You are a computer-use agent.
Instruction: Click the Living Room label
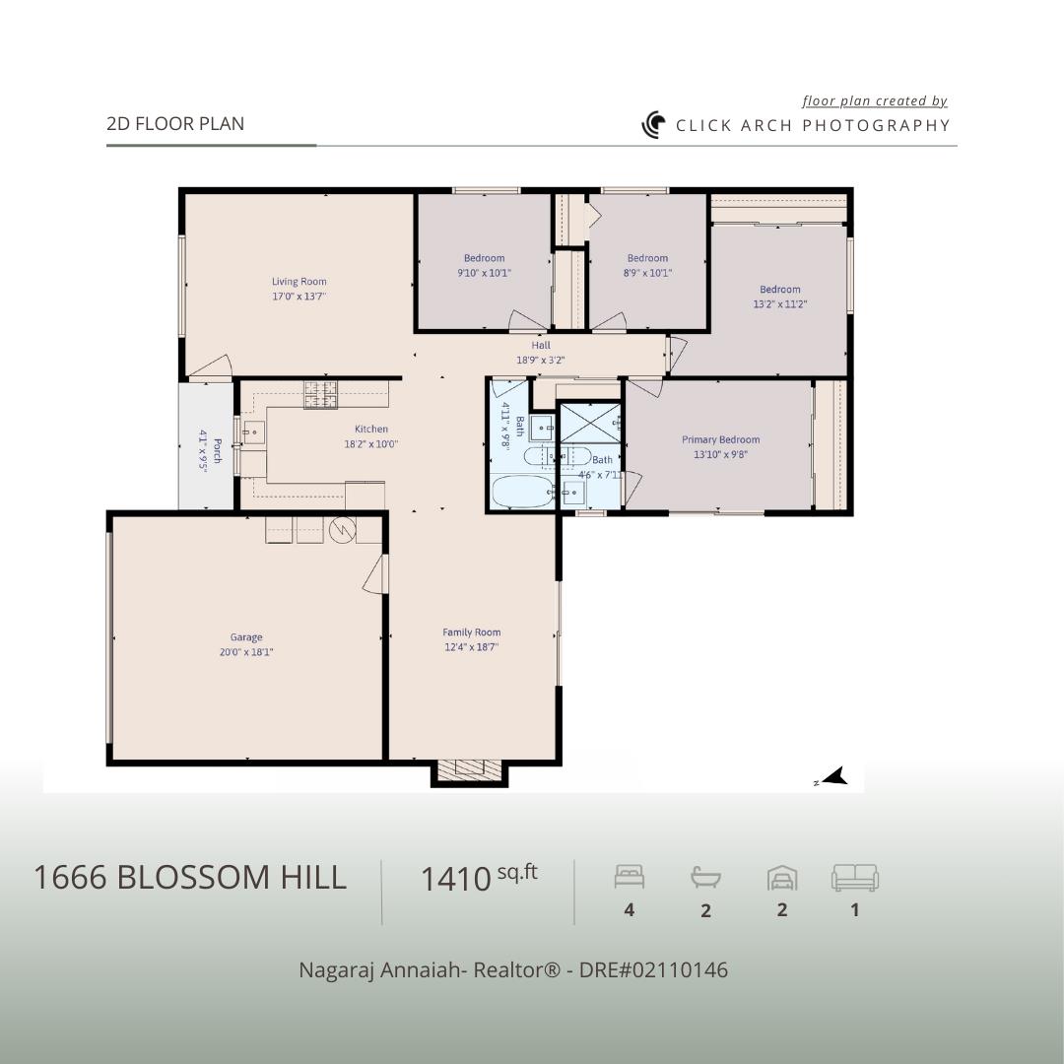coord(299,282)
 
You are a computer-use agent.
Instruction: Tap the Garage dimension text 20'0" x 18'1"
coord(246,651)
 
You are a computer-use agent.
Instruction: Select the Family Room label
coord(471,632)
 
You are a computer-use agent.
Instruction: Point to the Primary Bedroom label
coord(720,439)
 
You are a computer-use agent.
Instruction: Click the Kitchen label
coord(371,429)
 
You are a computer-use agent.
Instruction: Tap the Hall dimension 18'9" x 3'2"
coord(541,361)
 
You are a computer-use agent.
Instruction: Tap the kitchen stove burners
coord(319,394)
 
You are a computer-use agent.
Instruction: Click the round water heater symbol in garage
coord(341,530)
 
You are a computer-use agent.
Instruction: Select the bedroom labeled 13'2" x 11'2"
coord(779,297)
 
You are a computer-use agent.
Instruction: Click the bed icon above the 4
coord(630,876)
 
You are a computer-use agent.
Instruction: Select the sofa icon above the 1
coord(854,877)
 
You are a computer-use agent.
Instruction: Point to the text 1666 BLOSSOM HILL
coord(190,877)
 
